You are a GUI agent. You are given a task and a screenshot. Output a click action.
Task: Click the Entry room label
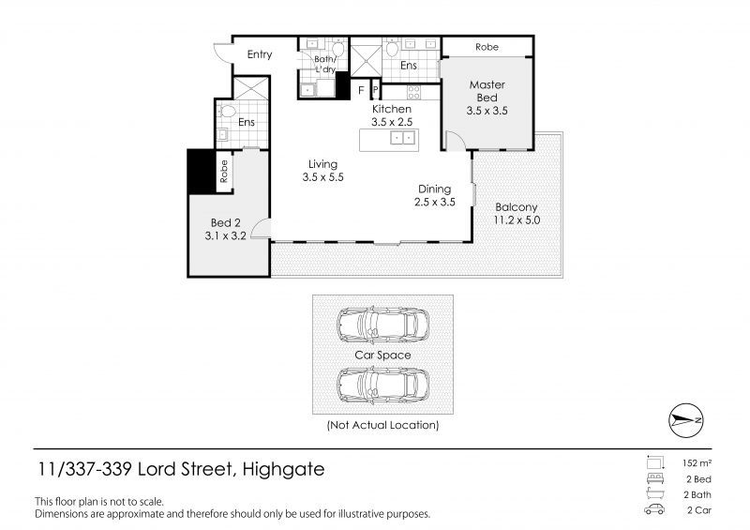[x=260, y=54]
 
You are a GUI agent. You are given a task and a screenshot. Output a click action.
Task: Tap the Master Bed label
[x=487, y=91]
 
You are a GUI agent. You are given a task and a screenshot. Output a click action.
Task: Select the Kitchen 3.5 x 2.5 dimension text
[x=392, y=122]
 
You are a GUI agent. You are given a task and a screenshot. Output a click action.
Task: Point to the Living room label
[x=322, y=164]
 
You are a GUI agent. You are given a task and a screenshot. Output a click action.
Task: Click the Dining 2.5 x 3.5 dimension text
[x=435, y=202]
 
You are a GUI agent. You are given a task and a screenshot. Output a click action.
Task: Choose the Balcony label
[x=517, y=207]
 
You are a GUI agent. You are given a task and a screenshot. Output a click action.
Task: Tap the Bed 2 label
[x=226, y=222]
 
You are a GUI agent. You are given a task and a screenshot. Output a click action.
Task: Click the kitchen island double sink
[x=402, y=138]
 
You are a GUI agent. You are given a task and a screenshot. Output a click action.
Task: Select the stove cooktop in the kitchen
[x=413, y=92]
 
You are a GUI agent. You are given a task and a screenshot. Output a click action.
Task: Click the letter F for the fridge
[x=361, y=90]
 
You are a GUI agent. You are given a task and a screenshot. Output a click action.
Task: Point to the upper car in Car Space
[x=382, y=326]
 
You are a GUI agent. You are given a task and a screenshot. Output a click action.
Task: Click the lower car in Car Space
[x=382, y=386]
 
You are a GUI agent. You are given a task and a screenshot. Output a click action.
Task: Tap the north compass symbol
[x=685, y=420]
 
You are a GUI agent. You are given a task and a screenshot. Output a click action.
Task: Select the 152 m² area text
[x=697, y=463]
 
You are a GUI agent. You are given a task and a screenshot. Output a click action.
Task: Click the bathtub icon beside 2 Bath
[x=654, y=493]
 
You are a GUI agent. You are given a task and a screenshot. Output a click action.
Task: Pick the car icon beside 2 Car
[x=654, y=509]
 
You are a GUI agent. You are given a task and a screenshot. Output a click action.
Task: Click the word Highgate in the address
[x=284, y=469]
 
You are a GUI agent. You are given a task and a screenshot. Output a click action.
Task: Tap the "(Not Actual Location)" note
[x=382, y=425]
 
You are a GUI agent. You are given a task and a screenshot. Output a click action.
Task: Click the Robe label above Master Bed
[x=487, y=47]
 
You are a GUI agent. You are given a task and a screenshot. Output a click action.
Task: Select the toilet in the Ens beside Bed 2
[x=228, y=112]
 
